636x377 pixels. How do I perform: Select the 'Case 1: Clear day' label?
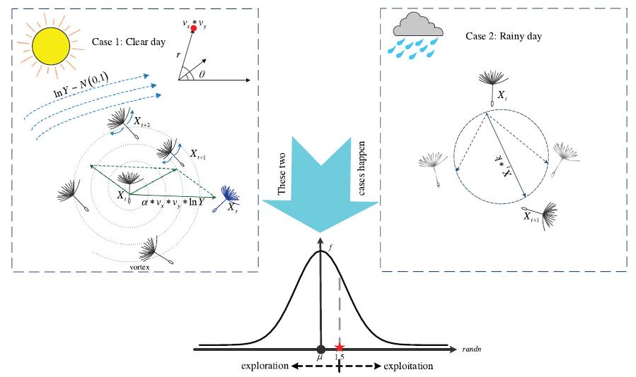point(129,42)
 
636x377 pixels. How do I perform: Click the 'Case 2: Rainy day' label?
point(504,36)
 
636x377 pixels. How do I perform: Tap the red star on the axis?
point(340,348)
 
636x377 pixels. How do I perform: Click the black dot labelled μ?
point(320,349)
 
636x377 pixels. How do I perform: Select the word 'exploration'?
point(264,366)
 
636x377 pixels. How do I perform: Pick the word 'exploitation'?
point(408,366)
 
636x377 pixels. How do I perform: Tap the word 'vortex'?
point(140,268)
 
